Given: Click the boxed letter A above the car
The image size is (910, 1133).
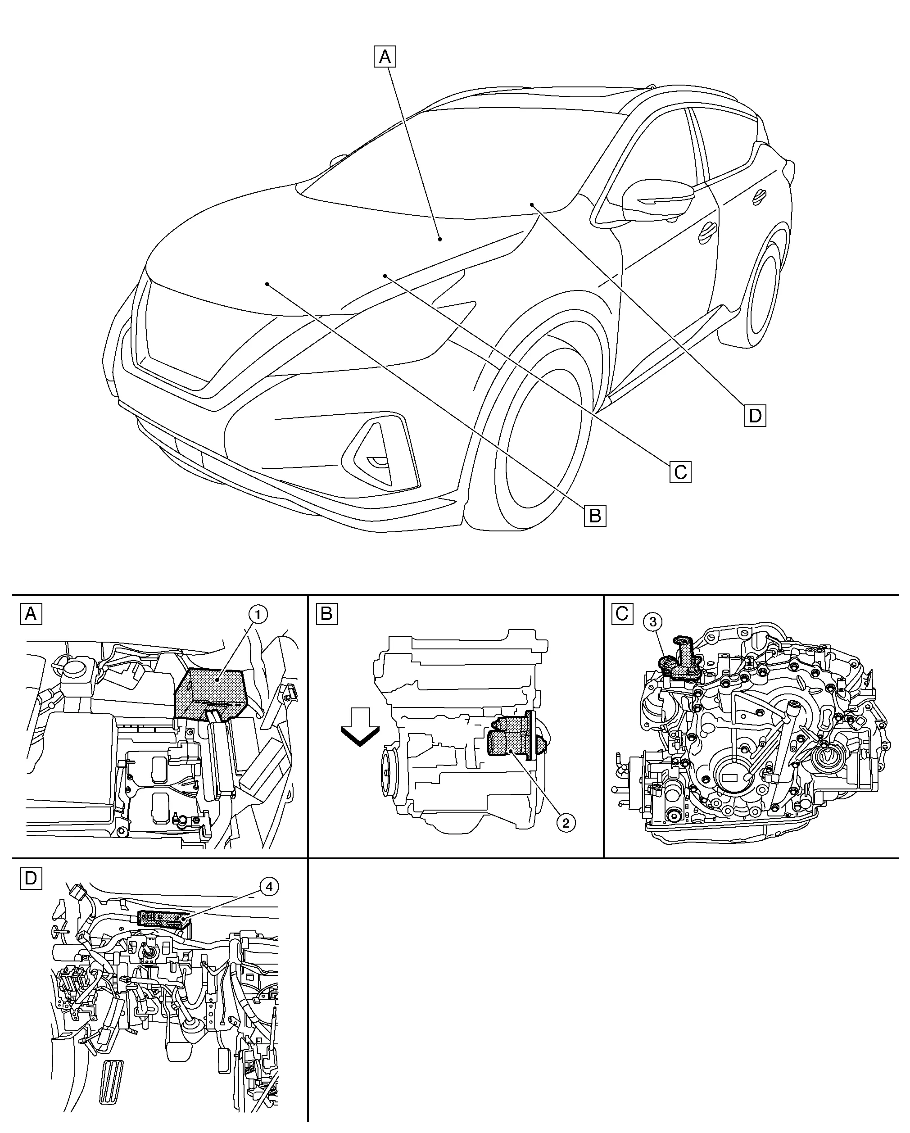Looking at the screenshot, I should tap(385, 57).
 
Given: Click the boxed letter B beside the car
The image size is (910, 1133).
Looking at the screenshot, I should tap(595, 516).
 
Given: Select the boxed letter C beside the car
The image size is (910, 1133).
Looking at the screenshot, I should tap(680, 472).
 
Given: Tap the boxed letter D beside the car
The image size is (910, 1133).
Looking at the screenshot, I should tap(755, 416).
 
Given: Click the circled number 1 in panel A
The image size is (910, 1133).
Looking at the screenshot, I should tap(258, 614).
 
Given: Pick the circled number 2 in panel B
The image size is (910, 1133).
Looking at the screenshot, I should tap(566, 822).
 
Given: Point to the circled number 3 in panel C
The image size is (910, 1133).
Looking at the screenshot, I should tap(653, 622).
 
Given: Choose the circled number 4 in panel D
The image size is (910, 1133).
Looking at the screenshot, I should tap(268, 887).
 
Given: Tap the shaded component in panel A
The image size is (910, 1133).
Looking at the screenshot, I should tap(210, 693).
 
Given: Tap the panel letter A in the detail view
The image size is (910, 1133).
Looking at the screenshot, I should tap(31, 613).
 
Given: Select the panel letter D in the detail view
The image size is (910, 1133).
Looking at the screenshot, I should tap(31, 878).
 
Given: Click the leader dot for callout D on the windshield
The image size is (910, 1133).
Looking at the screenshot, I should tap(531, 204).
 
